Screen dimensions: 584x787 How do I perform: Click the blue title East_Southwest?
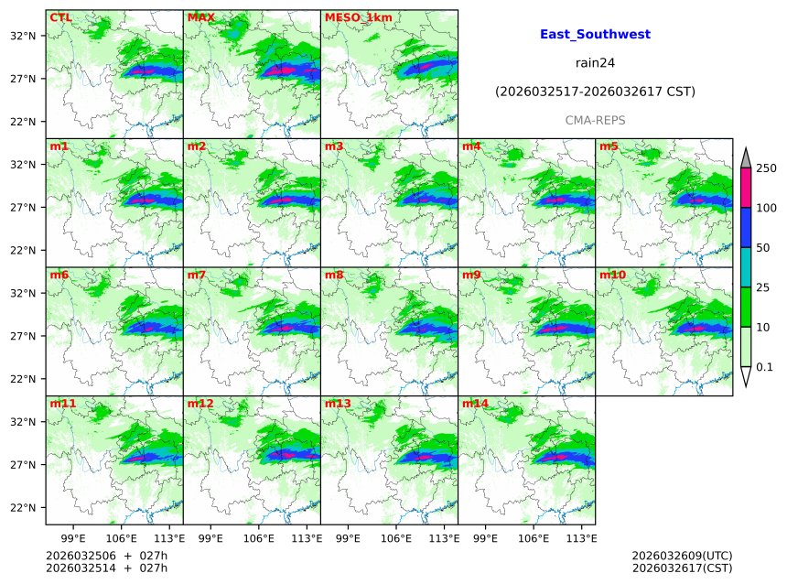click(595, 35)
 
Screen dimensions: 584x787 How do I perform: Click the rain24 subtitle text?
click(595, 63)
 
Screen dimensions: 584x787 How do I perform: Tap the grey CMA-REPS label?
click(595, 120)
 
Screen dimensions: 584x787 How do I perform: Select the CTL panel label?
click(60, 17)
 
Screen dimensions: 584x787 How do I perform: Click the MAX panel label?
click(200, 17)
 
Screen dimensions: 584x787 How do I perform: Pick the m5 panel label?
click(609, 146)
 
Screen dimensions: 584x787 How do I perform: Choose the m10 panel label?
click(612, 275)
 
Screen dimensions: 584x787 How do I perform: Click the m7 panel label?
click(197, 275)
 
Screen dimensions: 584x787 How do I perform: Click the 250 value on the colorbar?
click(766, 168)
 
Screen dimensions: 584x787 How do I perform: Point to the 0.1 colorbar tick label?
click(764, 367)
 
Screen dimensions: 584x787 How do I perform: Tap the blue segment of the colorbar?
click(745, 227)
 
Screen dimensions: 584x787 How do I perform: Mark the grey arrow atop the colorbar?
click(745, 158)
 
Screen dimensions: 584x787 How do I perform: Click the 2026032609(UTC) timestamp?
click(682, 556)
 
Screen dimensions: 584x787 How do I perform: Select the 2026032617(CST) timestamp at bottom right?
click(682, 568)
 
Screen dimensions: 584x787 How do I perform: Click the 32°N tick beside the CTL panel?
click(23, 36)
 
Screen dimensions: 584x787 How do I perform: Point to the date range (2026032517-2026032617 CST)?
click(595, 92)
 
